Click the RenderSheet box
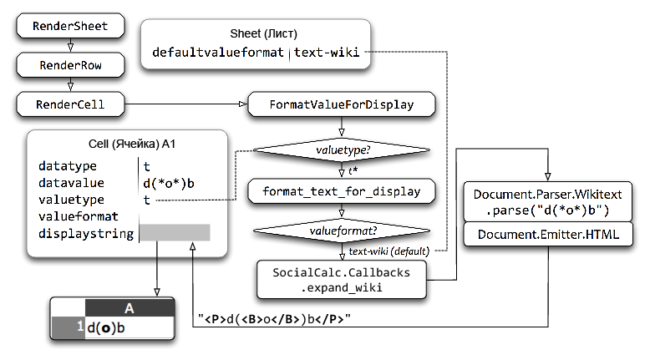pyautogui.click(x=70, y=26)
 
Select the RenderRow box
pyautogui.click(x=70, y=65)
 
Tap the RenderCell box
pyautogui.click(x=70, y=104)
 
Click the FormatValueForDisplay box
pyautogui.click(x=342, y=104)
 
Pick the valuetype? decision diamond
pyautogui.click(x=342, y=150)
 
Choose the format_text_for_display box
pyautogui.click(x=342, y=191)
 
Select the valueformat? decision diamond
pyautogui.click(x=342, y=231)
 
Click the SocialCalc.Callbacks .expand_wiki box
pyautogui.click(x=342, y=280)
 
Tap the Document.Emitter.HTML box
pyautogui.click(x=548, y=235)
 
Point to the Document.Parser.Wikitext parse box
pyautogui.click(x=548, y=202)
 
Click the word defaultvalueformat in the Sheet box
pyautogui.click(x=217, y=53)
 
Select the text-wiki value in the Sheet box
pyautogui.click(x=327, y=53)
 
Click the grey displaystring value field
pyautogui.click(x=175, y=233)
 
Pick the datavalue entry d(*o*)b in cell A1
pyautogui.click(x=169, y=183)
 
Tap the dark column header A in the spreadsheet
pyautogui.click(x=129, y=308)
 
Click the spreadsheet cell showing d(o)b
pyautogui.click(x=129, y=327)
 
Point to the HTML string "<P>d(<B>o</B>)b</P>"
pyautogui.click(x=274, y=319)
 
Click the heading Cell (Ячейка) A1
pyautogui.click(x=132, y=144)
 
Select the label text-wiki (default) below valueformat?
pyautogui.click(x=388, y=251)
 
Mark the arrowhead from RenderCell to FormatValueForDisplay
pyautogui.click(x=243, y=104)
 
